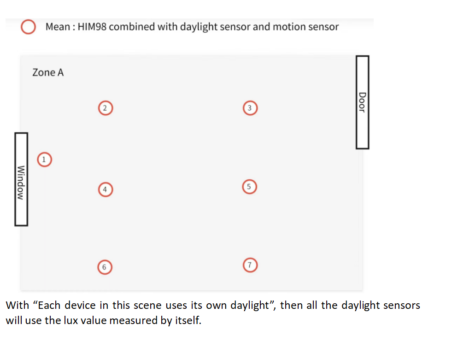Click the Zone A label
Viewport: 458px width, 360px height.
48,72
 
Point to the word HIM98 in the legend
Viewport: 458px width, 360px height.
92,27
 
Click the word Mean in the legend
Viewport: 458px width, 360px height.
58,27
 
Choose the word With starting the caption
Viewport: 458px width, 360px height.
18,305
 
